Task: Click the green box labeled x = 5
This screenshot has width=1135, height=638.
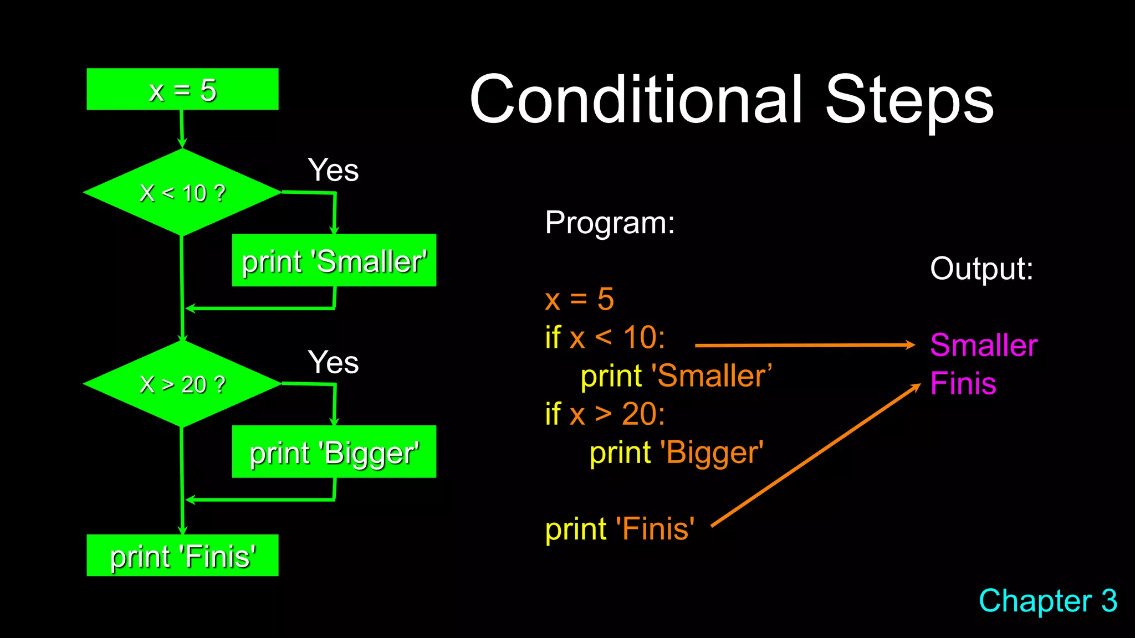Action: [182, 89]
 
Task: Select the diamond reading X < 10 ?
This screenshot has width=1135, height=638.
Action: [182, 193]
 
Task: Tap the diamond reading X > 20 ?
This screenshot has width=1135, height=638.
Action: [182, 384]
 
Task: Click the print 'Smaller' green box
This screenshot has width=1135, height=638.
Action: [334, 260]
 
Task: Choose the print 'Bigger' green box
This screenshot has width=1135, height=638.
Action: [334, 452]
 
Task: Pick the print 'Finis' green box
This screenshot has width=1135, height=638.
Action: [182, 555]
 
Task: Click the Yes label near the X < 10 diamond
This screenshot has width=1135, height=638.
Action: [333, 170]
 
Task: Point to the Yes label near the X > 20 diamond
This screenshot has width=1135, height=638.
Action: [333, 362]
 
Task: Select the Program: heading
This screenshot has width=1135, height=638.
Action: [610, 223]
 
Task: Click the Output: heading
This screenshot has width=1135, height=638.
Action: [981, 269]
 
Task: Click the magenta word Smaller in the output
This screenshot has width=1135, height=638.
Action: [983, 346]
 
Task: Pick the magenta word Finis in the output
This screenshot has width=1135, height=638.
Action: [963, 383]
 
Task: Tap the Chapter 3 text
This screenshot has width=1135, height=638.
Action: [1047, 601]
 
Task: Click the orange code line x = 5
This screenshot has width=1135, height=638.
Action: [579, 299]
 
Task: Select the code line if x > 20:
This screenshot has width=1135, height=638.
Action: [605, 414]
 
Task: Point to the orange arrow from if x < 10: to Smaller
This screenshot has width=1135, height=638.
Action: [804, 345]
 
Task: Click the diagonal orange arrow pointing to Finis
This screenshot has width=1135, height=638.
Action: [815, 455]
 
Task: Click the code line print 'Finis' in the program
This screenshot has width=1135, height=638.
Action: [620, 529]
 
